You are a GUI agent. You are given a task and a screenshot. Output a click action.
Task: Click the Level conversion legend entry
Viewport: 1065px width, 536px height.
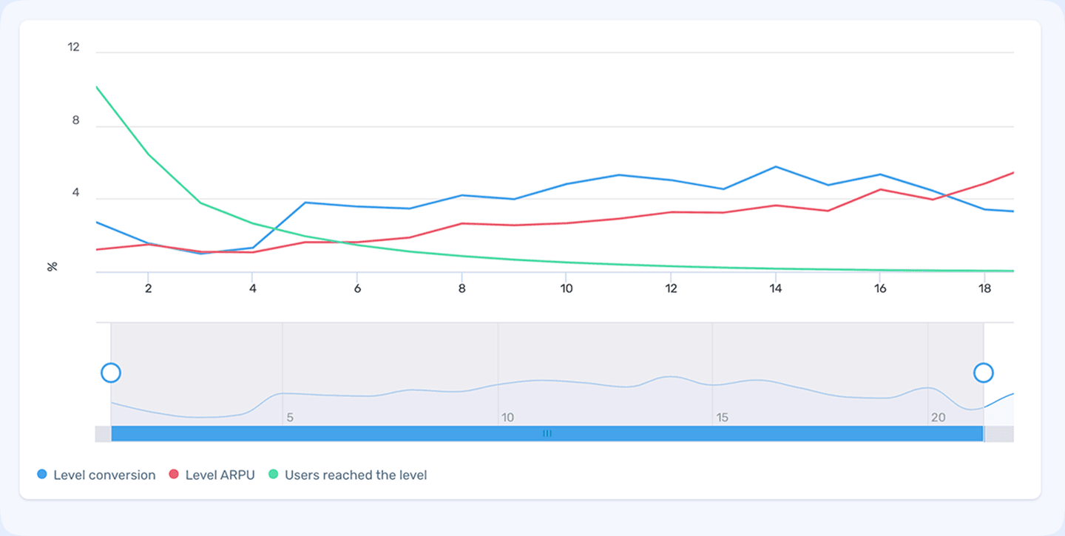(x=104, y=475)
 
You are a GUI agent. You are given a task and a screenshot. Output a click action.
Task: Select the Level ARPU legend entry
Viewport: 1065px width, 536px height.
(x=220, y=475)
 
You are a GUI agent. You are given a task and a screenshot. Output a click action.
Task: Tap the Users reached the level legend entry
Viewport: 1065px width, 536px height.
(x=355, y=475)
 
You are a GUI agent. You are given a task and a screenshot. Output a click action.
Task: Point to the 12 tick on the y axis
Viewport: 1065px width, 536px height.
(x=73, y=47)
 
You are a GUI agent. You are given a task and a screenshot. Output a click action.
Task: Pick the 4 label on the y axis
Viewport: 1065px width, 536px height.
(x=75, y=194)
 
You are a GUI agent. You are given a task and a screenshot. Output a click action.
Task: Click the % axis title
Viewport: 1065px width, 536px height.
(x=53, y=266)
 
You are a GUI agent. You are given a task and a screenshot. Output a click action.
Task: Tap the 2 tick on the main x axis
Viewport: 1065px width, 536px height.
(x=148, y=289)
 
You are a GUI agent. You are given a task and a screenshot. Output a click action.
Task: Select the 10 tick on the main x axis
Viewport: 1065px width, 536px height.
(x=566, y=289)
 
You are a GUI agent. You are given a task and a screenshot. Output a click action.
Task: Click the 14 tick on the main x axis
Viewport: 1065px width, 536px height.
(x=775, y=289)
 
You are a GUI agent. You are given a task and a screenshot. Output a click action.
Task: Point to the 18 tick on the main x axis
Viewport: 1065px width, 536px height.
(x=984, y=289)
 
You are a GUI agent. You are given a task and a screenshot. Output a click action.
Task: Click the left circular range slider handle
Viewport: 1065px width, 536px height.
(x=111, y=373)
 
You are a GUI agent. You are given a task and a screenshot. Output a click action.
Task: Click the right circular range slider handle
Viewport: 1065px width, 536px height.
(x=984, y=373)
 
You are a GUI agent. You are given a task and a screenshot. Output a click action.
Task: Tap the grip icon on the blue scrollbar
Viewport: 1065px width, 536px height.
(x=547, y=434)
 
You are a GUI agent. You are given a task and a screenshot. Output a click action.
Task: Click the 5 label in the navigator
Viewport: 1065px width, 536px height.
(x=290, y=418)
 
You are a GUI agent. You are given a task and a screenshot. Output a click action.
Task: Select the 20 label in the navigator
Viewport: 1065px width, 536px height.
(x=938, y=418)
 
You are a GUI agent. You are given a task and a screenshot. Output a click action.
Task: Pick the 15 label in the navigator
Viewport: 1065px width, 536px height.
(x=722, y=418)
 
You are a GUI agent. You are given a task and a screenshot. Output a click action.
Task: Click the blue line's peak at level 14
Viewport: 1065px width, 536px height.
(x=775, y=166)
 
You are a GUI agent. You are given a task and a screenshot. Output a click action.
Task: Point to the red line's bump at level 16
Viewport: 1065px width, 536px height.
(x=880, y=189)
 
